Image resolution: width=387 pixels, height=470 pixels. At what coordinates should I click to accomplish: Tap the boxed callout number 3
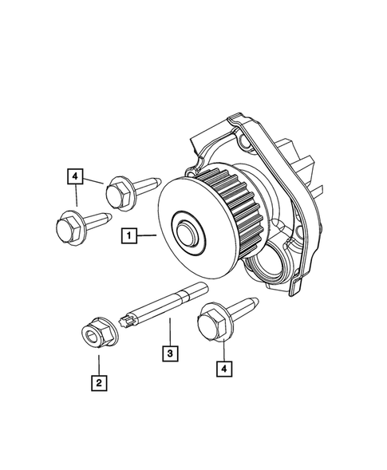click(169, 351)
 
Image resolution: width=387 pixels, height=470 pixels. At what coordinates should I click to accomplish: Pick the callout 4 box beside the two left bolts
click(74, 176)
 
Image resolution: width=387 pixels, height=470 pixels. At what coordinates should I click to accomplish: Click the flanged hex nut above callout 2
click(96, 333)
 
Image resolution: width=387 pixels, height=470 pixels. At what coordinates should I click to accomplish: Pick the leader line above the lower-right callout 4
click(224, 347)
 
